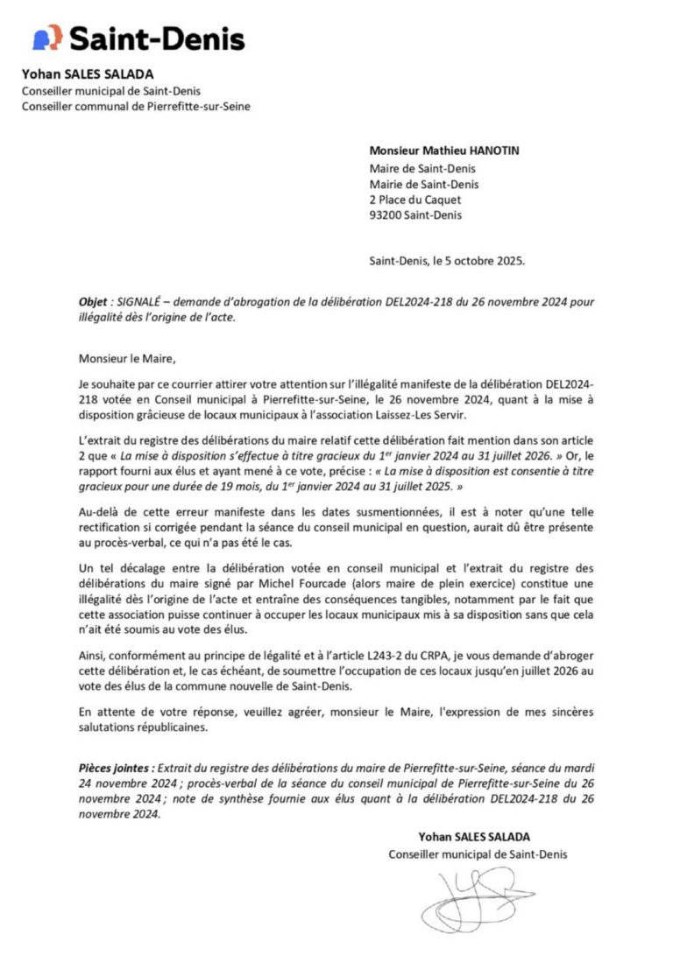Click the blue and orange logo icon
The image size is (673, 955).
[x=47, y=38]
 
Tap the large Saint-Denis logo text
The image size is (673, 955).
[x=157, y=39]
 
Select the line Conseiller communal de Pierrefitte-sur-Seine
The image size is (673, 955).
[x=141, y=107]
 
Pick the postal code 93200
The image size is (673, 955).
[x=386, y=215]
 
